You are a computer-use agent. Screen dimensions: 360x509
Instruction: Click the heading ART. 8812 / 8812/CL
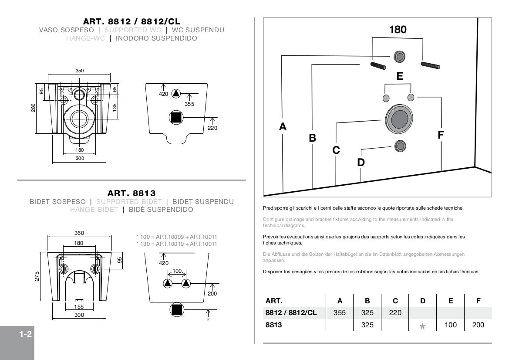coord(131,21)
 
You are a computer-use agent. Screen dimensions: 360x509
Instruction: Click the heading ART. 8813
coord(131,193)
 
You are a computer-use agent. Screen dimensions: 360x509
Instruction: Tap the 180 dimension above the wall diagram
coord(398,30)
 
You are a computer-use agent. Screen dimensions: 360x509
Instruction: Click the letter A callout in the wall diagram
coord(283,127)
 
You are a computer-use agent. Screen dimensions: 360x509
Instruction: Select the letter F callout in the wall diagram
coord(440,135)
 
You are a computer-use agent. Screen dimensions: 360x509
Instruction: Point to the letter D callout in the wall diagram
coord(361,163)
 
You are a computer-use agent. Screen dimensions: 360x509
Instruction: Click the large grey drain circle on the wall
coord(399,119)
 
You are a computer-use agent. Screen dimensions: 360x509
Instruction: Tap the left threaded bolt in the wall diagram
coord(379,66)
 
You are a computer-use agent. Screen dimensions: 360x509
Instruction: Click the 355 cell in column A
coord(340,312)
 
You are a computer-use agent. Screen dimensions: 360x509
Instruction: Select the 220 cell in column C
coord(395,312)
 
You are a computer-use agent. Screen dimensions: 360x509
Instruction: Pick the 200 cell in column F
coord(478,325)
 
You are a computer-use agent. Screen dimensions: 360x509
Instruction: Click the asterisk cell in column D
coord(422,326)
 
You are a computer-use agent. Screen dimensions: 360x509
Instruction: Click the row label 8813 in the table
coord(274,325)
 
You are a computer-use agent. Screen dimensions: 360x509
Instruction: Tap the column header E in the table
coord(451,300)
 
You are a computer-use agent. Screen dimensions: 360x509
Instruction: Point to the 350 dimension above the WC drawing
coord(79,71)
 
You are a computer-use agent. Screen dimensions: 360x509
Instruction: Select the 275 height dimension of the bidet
coord(37,276)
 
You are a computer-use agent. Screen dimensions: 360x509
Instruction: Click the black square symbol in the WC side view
coord(176,117)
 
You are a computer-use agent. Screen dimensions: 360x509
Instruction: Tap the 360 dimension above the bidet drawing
coord(79,233)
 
